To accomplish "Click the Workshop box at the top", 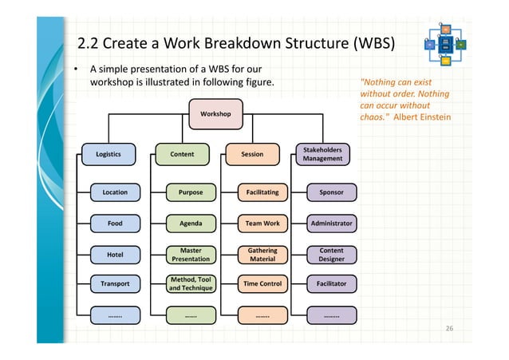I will point(215,114).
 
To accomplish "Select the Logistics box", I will point(109,155).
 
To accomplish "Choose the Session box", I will point(252,155).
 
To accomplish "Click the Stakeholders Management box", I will point(322,154).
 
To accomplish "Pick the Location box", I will point(115,192).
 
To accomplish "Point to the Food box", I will point(115,224).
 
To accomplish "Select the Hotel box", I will point(115,255).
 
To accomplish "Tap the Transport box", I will point(115,283).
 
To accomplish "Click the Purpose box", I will point(191,192).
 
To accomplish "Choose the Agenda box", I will point(191,224).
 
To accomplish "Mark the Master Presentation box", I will point(191,255).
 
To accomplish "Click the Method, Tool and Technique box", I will point(191,283).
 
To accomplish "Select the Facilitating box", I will point(262,192).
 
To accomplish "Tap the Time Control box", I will point(262,283).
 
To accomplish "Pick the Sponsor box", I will point(332,192).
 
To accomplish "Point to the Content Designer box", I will point(332,255).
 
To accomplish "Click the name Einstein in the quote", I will point(433,118).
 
